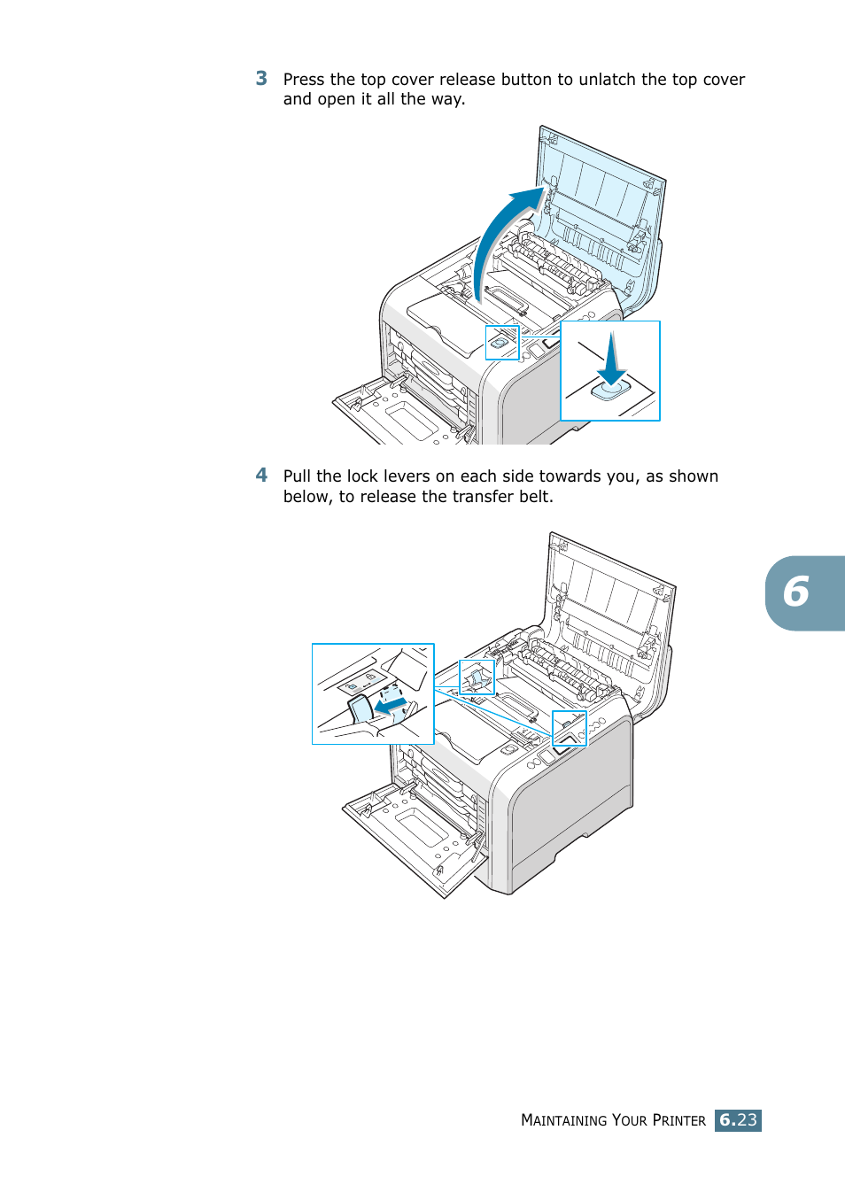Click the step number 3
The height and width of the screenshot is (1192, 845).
coord(261,79)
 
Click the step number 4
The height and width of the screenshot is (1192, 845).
coord(261,476)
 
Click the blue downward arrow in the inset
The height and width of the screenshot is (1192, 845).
coord(611,360)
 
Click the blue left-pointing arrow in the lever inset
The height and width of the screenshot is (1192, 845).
coord(391,706)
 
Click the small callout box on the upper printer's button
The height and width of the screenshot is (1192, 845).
coord(501,343)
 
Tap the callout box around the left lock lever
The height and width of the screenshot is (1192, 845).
coord(477,677)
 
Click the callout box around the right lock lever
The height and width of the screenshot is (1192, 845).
coord(569,728)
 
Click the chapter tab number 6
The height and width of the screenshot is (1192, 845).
coord(796,592)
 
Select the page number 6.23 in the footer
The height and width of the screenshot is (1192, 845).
coord(738,1120)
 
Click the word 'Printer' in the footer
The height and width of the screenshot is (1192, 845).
coord(678,1120)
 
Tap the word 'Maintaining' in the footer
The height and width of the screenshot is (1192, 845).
coord(563,1120)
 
